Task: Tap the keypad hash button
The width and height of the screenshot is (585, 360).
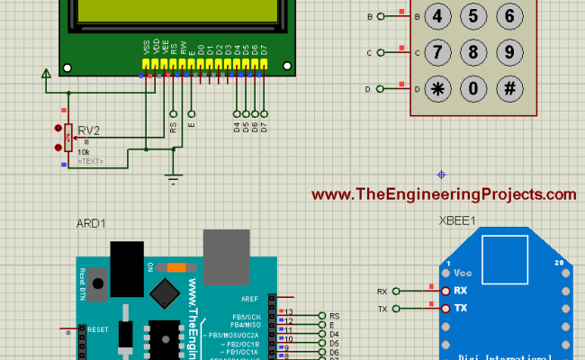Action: (x=509, y=88)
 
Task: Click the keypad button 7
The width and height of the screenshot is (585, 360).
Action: (x=436, y=52)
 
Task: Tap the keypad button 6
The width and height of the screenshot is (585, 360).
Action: (x=509, y=16)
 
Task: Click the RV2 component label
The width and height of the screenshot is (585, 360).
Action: (x=89, y=130)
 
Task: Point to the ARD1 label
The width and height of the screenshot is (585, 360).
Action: (x=92, y=224)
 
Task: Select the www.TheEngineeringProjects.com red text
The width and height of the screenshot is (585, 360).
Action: (x=444, y=194)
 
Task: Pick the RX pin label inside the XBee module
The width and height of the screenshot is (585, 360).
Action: (x=460, y=291)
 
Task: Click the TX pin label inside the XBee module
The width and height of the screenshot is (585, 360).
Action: (x=460, y=309)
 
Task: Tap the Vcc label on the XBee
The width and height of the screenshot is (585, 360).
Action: (x=463, y=273)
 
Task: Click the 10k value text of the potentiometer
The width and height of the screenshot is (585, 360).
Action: (x=84, y=152)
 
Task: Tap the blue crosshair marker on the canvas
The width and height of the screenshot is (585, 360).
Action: (x=441, y=174)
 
